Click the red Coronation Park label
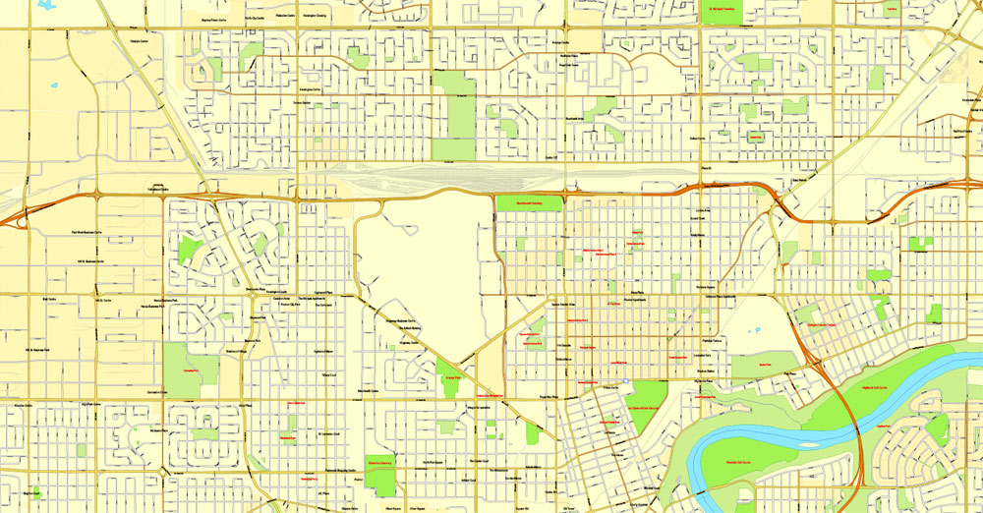[x=185, y=370]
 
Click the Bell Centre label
[x=50, y=298]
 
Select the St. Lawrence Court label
[x=329, y=432]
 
